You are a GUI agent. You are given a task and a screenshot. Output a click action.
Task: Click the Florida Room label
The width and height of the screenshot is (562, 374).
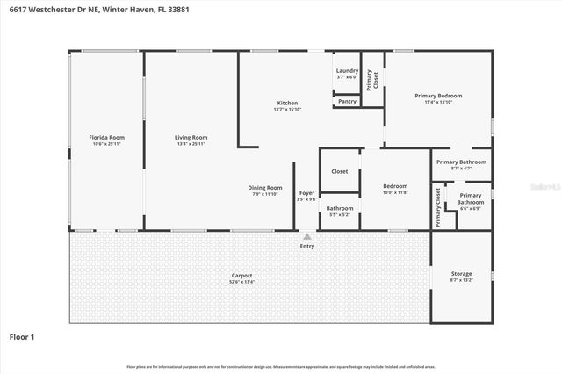[106, 137]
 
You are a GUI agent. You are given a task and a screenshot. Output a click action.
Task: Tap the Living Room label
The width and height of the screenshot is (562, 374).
[191, 137]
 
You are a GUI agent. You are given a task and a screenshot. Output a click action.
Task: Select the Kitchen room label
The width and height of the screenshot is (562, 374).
[287, 103]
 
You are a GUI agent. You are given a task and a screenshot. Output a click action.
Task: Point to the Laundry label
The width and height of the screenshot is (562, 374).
[347, 70]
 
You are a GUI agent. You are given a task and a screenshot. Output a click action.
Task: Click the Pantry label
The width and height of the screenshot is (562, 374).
[347, 101]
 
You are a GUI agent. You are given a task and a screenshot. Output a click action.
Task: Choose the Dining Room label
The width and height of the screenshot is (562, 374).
[265, 187]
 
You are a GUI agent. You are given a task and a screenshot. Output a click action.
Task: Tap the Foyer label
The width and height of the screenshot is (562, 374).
[306, 192]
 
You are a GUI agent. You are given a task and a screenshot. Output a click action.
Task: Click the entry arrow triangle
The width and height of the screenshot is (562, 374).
[306, 236]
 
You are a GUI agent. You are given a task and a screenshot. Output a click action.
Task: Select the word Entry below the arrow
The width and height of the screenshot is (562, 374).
[306, 246]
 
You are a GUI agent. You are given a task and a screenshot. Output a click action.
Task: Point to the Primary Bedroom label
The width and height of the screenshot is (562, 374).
[438, 96]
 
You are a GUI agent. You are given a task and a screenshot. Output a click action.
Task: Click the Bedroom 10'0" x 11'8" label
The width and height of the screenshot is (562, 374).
[395, 185]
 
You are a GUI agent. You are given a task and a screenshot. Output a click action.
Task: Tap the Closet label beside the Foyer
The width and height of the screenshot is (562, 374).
[339, 171]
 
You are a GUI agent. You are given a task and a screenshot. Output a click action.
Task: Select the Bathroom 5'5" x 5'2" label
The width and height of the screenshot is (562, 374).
[340, 208]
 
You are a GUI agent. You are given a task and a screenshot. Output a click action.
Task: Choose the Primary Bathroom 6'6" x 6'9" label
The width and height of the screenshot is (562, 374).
[470, 198]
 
